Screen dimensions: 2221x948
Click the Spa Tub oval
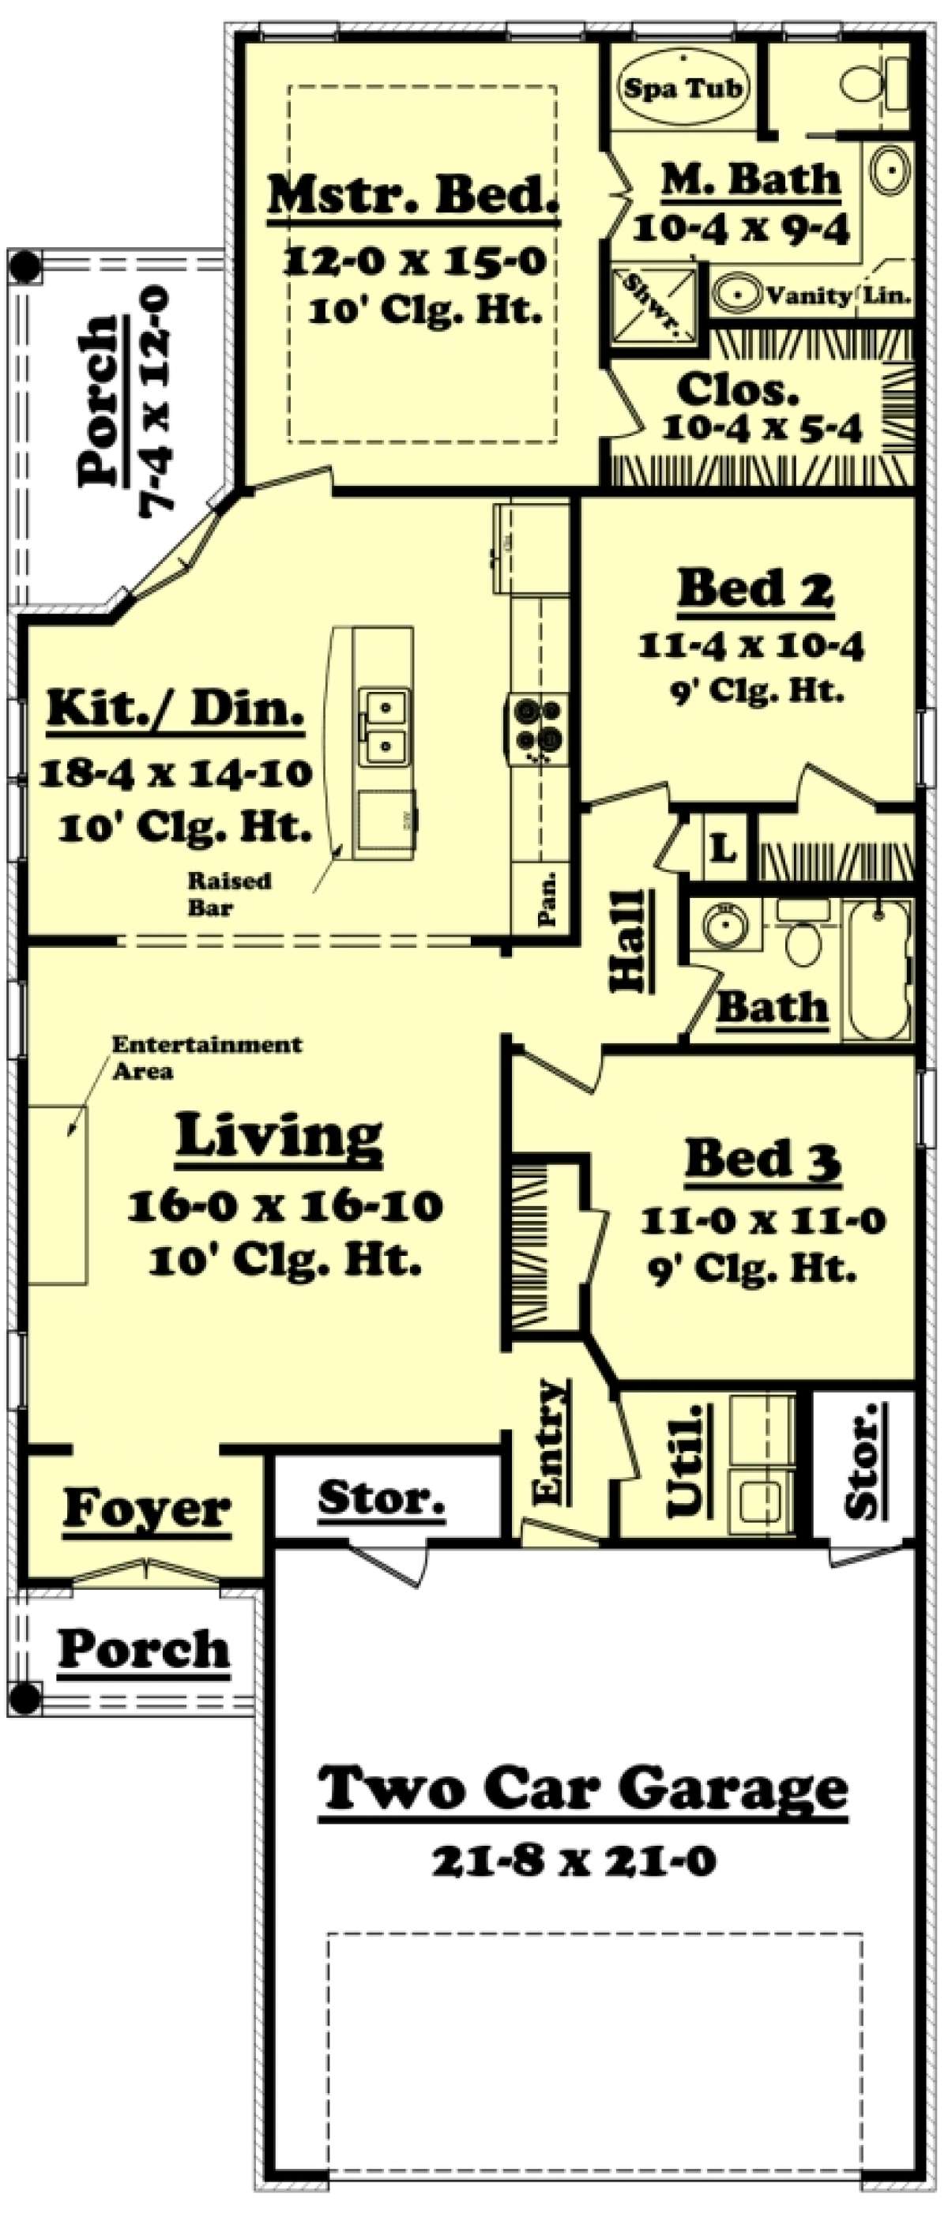682,87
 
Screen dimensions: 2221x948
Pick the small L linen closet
723,849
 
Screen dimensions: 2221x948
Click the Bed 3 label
762,1159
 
